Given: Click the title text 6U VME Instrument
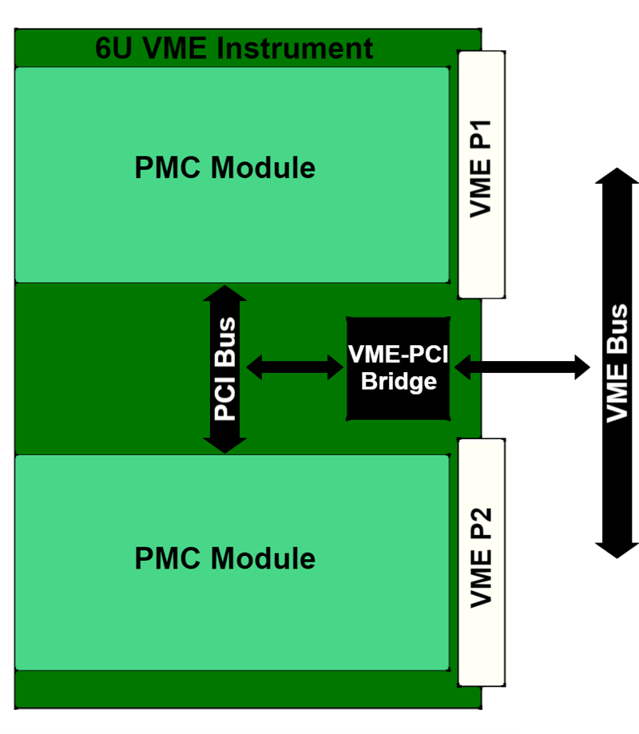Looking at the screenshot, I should [234, 49].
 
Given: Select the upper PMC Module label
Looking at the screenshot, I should [224, 169].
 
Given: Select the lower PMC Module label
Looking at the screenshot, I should [224, 557].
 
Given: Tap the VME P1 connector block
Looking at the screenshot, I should [482, 174].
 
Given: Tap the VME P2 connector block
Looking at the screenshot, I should [482, 561].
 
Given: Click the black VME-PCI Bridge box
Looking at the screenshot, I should [398, 368].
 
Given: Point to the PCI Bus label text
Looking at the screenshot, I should [225, 369].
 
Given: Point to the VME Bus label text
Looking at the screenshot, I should [617, 363].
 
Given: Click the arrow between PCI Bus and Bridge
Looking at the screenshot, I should [295, 367].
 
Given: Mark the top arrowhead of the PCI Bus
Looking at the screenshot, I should [225, 296].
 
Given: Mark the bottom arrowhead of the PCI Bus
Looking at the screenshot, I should [225, 442].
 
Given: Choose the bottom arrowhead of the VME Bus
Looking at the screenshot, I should [617, 549].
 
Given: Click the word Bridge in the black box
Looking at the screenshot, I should [399, 382].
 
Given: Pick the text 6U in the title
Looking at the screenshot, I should [113, 49].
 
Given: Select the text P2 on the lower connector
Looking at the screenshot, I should [481, 525].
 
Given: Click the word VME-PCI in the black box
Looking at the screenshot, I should [399, 354].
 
